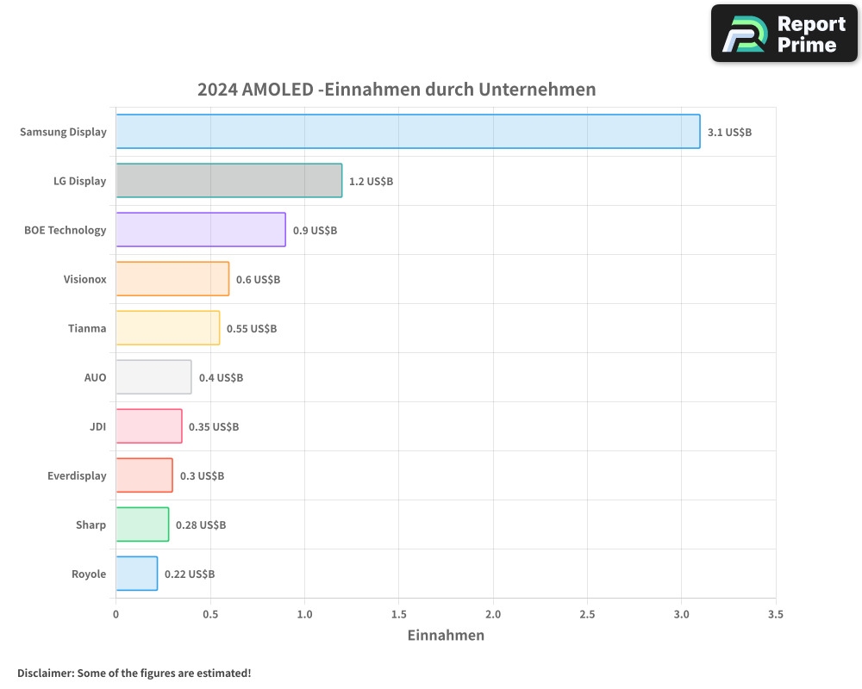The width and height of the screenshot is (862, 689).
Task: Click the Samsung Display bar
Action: pos(408,132)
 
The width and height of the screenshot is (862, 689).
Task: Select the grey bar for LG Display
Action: pos(229,181)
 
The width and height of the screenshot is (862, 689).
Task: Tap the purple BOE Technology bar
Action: pos(201,230)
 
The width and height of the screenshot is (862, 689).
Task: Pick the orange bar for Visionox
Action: pos(172,279)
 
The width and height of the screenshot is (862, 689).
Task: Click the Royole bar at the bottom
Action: pos(137,574)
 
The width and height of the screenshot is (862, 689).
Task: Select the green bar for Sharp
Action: pos(142,525)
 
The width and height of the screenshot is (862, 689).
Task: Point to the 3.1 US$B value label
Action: pos(729,133)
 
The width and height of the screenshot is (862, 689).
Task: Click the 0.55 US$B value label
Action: pos(252,329)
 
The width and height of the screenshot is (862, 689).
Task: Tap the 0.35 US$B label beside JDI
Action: pos(214,427)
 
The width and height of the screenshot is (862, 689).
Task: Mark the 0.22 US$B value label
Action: pos(190,574)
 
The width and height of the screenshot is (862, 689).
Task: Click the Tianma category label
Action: pos(87,328)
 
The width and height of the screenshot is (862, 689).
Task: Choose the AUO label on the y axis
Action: pos(95,377)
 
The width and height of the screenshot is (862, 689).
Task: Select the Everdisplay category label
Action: pos(77,475)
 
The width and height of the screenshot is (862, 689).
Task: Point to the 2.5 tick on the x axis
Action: pos(587,614)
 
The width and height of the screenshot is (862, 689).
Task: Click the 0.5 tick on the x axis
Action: pos(210,614)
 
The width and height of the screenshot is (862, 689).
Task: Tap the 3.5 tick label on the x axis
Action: pos(775,614)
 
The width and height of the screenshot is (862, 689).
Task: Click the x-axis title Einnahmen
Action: pos(446,636)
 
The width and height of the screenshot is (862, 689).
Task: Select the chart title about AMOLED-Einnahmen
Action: pos(397,90)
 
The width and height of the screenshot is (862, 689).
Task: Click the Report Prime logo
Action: pos(784,34)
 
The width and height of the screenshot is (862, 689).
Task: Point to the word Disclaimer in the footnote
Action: pos(45,673)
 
